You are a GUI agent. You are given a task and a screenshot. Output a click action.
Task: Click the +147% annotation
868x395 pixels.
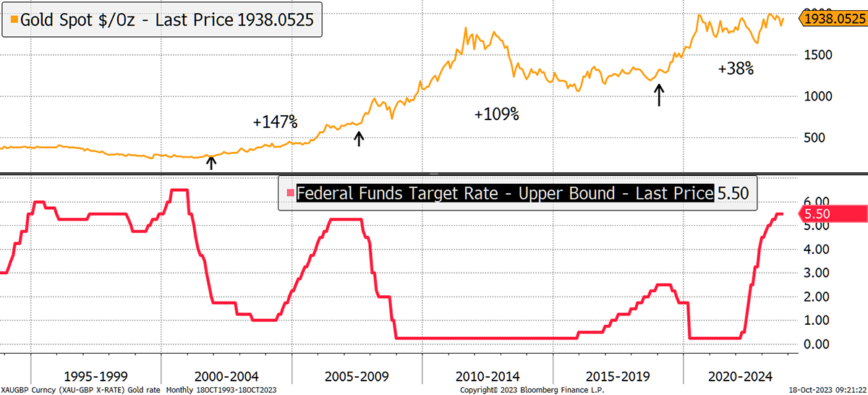click(x=275, y=122)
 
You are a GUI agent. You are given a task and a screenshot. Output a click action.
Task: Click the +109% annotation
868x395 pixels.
click(x=496, y=114)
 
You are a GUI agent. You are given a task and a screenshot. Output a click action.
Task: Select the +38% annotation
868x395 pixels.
click(x=736, y=69)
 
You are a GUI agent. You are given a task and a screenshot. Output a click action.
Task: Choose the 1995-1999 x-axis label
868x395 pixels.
click(x=96, y=377)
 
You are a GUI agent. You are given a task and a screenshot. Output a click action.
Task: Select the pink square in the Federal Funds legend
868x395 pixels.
click(x=290, y=193)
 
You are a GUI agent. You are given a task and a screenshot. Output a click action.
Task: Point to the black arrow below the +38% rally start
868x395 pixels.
click(x=658, y=95)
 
